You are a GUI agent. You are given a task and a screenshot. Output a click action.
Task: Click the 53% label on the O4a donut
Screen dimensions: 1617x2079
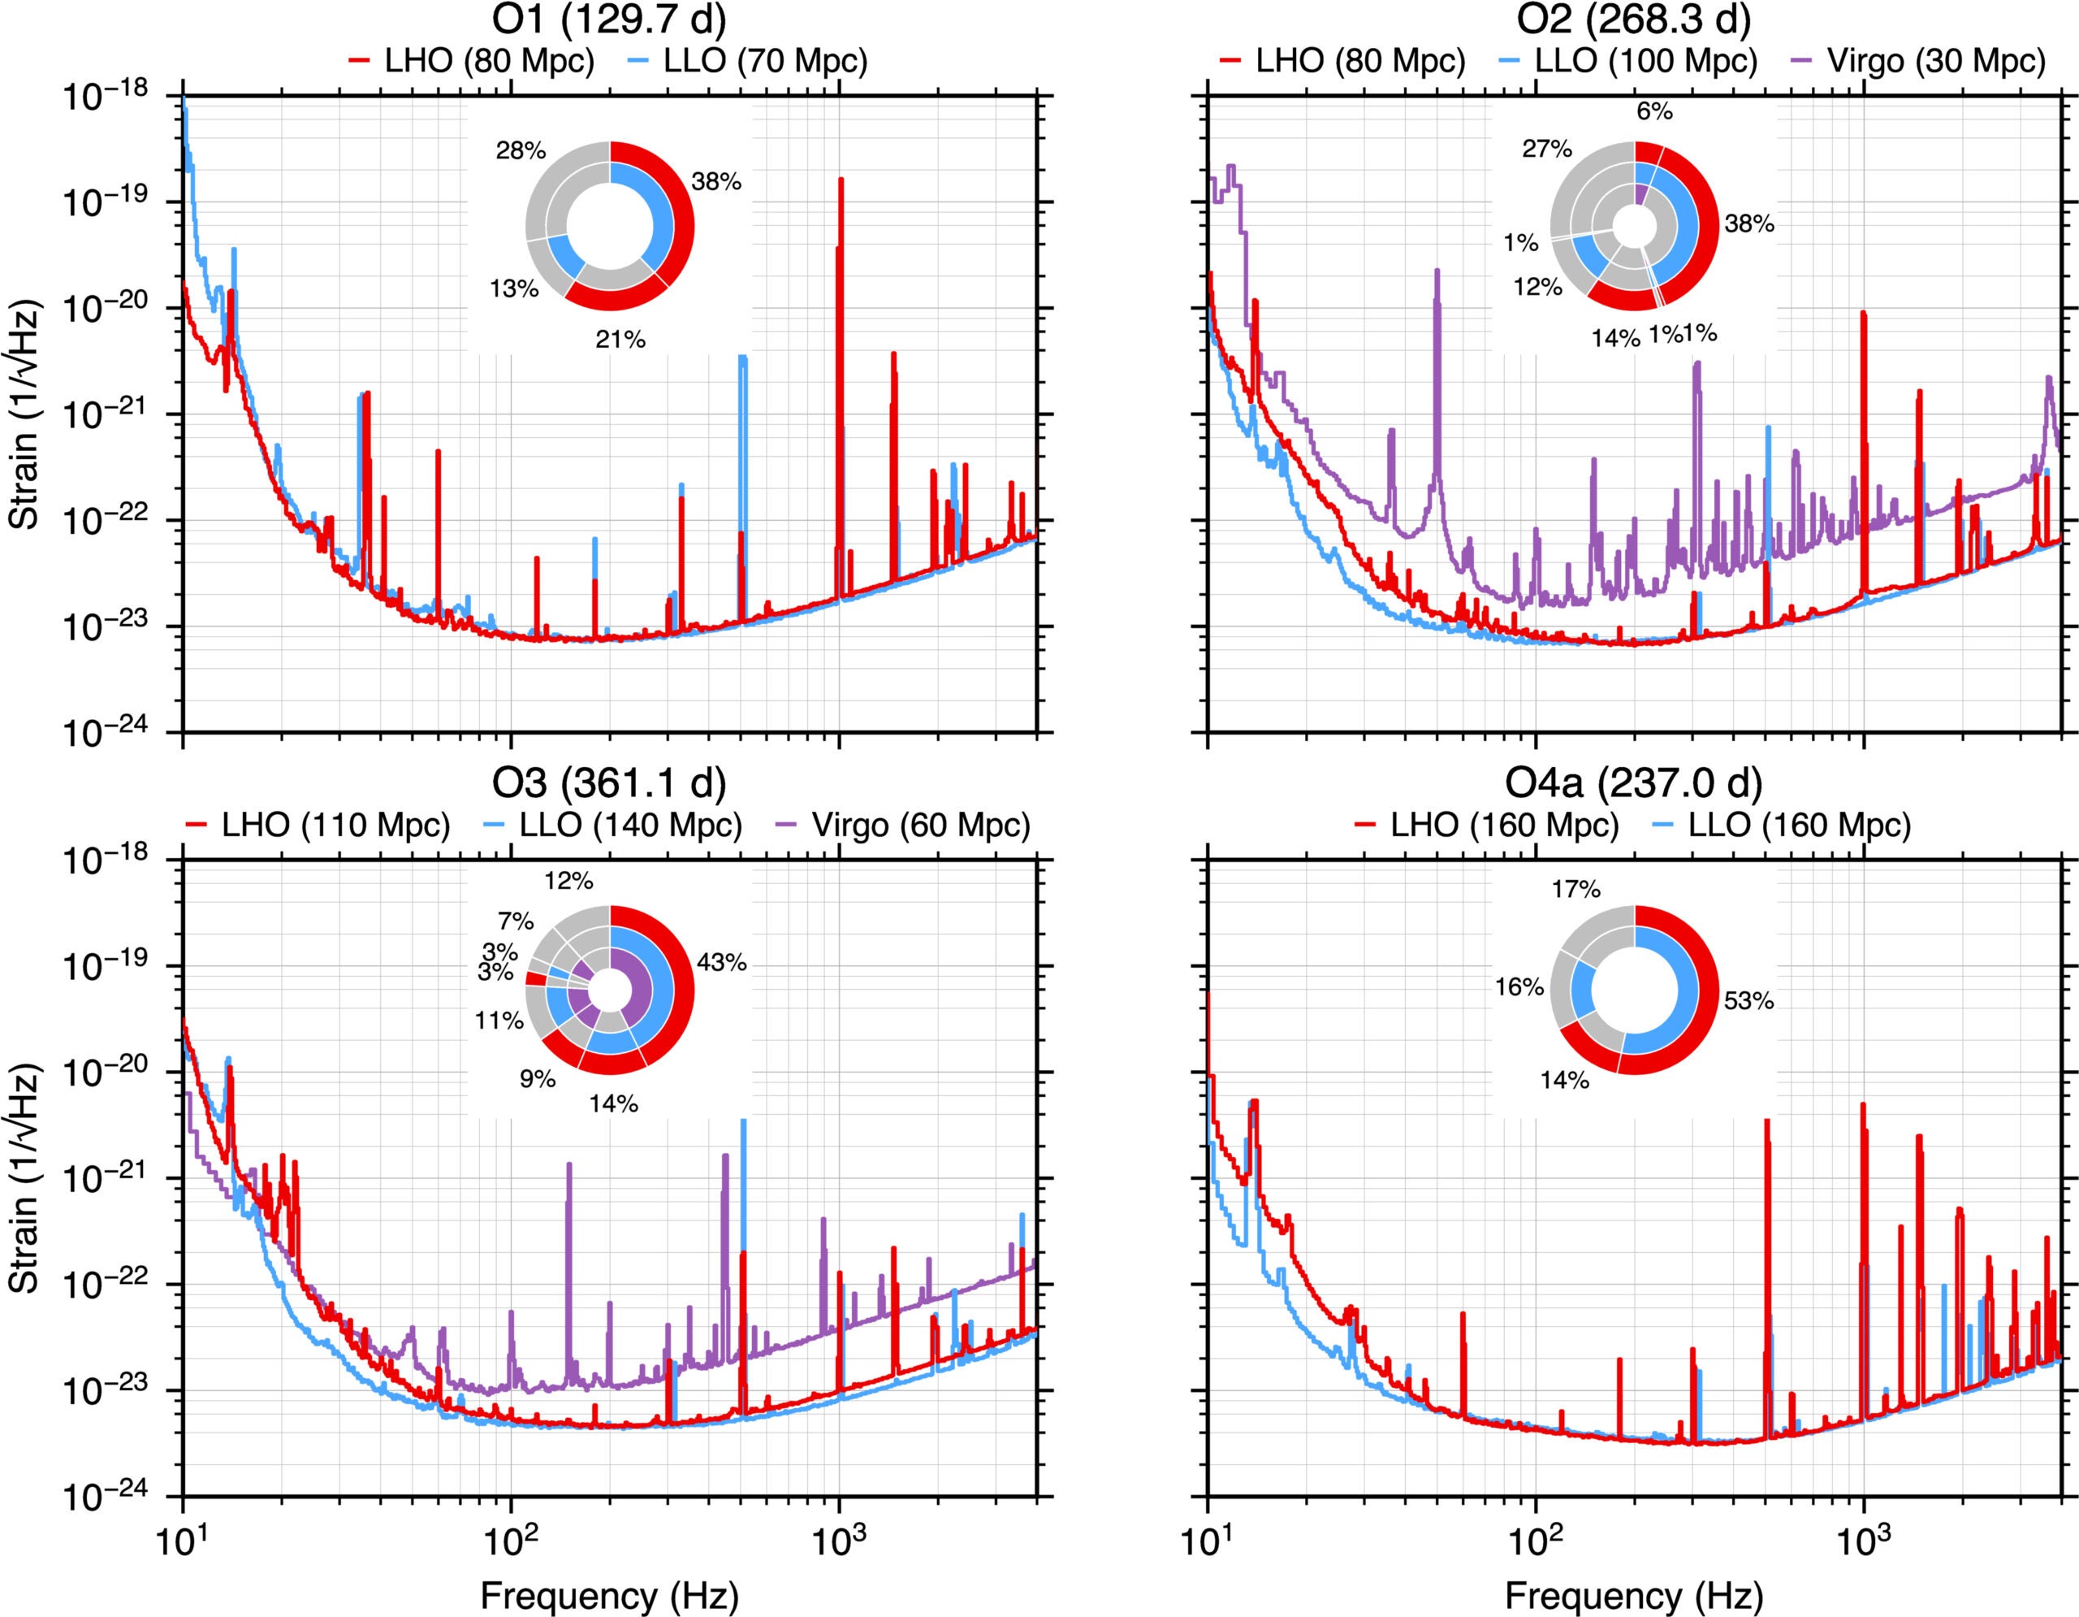pyautogui.click(x=1748, y=1002)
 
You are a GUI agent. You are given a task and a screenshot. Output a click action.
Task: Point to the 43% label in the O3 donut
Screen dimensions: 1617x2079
pyautogui.click(x=721, y=963)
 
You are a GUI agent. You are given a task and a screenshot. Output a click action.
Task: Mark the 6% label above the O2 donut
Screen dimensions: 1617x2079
pyautogui.click(x=1654, y=112)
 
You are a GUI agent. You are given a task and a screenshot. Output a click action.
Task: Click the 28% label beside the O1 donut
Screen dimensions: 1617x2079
pyautogui.click(x=521, y=150)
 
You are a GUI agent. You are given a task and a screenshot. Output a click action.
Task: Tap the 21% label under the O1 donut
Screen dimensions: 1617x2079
pyautogui.click(x=620, y=339)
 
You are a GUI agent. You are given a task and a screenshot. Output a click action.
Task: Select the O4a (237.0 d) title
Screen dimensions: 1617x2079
pyautogui.click(x=1633, y=782)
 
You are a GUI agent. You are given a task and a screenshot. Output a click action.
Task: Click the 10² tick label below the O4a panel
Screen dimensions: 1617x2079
pyautogui.click(x=1535, y=1536)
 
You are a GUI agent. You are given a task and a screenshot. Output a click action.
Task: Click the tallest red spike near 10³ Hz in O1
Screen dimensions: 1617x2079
pyautogui.click(x=841, y=181)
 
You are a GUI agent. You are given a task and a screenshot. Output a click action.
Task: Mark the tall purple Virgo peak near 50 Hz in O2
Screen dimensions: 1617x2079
pyautogui.click(x=1437, y=271)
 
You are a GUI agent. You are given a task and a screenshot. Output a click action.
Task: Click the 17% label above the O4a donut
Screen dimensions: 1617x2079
pyautogui.click(x=1575, y=890)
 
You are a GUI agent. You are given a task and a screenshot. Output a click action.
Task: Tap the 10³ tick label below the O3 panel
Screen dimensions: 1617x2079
pyautogui.click(x=839, y=1536)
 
